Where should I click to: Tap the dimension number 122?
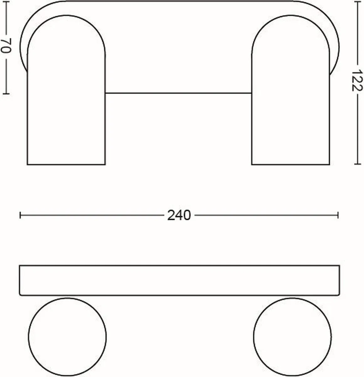tap(356, 80)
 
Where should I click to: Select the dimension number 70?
tap(6, 46)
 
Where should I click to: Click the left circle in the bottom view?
tap(67, 337)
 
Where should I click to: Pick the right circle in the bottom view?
tap(292, 337)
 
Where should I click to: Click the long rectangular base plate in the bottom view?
tap(179, 280)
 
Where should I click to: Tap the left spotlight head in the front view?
tap(66, 90)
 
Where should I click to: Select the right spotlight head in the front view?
tap(291, 90)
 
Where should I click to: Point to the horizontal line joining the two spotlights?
tap(179, 93)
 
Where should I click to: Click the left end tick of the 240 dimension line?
tap(20, 215)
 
